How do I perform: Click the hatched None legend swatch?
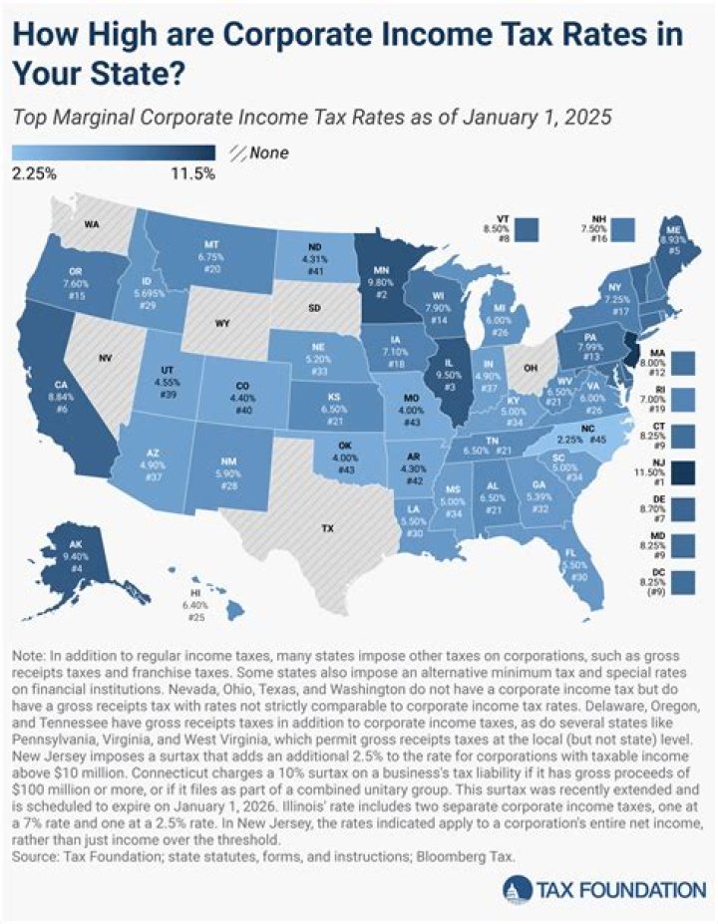click(x=238, y=154)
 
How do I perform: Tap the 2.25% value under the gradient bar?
click(x=35, y=174)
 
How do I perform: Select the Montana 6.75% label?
click(x=211, y=256)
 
